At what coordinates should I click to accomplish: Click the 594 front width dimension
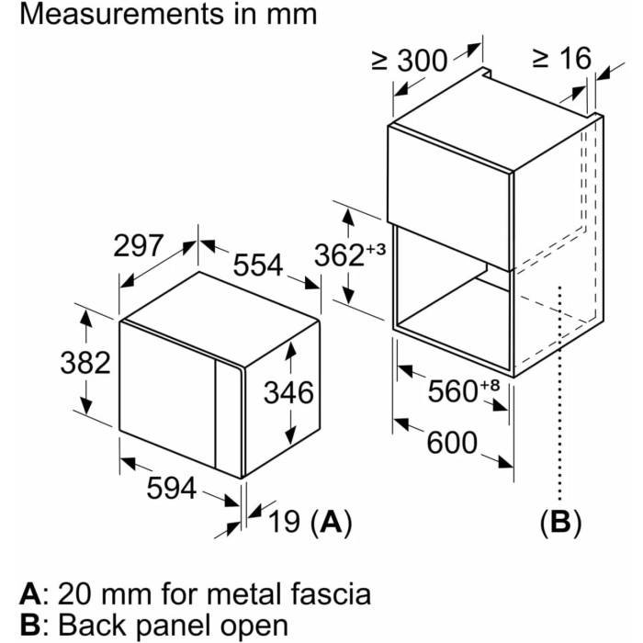172,489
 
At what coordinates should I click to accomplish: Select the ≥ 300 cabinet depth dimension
409,61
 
